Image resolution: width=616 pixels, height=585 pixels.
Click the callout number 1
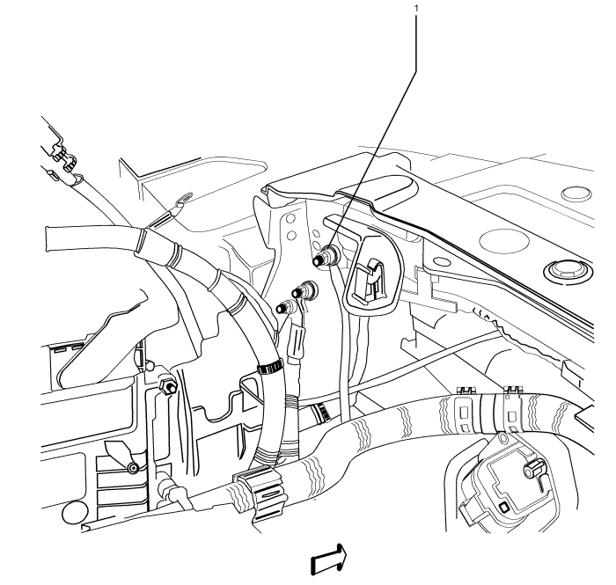coord(416,8)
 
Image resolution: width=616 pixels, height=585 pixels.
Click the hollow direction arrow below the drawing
coord(329,559)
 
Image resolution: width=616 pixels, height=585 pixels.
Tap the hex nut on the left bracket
coord(167,385)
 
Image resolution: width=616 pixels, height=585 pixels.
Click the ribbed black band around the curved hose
coord(270,367)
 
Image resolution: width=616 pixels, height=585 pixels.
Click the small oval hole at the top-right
coord(576,193)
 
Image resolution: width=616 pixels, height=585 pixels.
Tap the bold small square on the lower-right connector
coord(502,508)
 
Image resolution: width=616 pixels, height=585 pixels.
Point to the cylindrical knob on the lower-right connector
coord(533,469)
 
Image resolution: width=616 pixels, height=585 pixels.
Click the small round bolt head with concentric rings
coord(134,468)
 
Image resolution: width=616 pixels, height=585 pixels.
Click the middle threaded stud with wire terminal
coord(304,291)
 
